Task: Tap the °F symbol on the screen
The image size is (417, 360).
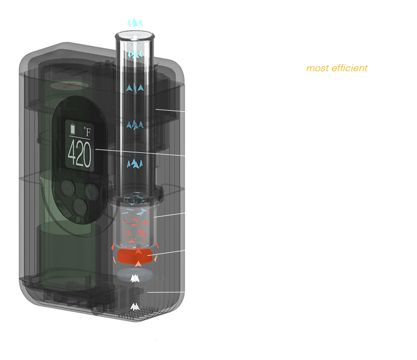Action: (88, 131)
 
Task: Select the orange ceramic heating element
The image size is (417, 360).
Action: (135, 256)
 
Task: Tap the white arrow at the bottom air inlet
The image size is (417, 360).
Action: (134, 307)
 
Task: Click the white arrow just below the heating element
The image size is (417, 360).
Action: (134, 278)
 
